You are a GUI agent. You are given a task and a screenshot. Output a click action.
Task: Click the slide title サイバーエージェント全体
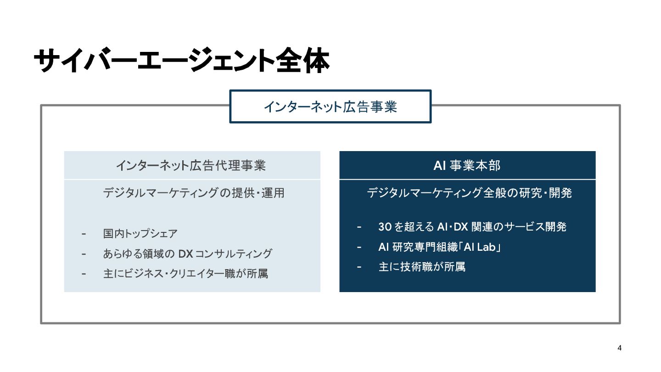181,61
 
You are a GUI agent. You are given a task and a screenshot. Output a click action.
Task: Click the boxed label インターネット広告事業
330,107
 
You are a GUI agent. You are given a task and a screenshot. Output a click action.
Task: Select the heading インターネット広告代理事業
190,165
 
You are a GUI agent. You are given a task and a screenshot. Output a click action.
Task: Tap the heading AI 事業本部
467,165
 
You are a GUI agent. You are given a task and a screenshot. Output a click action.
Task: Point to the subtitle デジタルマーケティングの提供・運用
193,193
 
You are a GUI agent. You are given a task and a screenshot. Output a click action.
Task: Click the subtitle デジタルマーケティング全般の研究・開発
469,193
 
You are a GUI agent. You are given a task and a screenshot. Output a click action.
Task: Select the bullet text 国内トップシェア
140,234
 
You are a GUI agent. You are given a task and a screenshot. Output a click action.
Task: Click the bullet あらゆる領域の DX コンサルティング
187,254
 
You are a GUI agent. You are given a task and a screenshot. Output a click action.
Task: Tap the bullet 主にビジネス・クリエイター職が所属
185,274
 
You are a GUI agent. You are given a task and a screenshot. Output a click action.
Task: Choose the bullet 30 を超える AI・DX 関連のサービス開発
472,227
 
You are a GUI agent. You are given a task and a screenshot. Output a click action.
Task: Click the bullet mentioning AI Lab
439,247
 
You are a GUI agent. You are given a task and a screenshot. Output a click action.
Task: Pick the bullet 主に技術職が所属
422,267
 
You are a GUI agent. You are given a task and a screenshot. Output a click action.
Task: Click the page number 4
620,348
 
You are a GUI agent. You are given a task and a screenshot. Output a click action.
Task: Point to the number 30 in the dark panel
385,227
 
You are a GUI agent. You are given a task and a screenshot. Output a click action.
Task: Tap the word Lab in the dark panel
486,247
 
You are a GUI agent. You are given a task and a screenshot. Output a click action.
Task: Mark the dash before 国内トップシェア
84,234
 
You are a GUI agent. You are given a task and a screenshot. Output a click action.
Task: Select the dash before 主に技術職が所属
359,267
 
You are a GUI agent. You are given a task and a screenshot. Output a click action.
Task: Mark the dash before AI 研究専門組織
359,247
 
